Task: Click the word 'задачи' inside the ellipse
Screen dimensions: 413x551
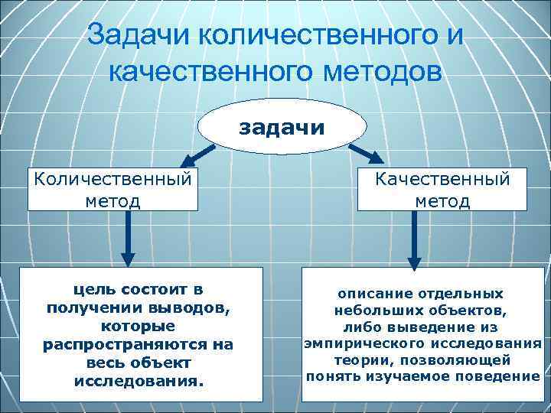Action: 282,126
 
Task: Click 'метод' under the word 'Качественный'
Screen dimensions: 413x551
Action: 442,200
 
